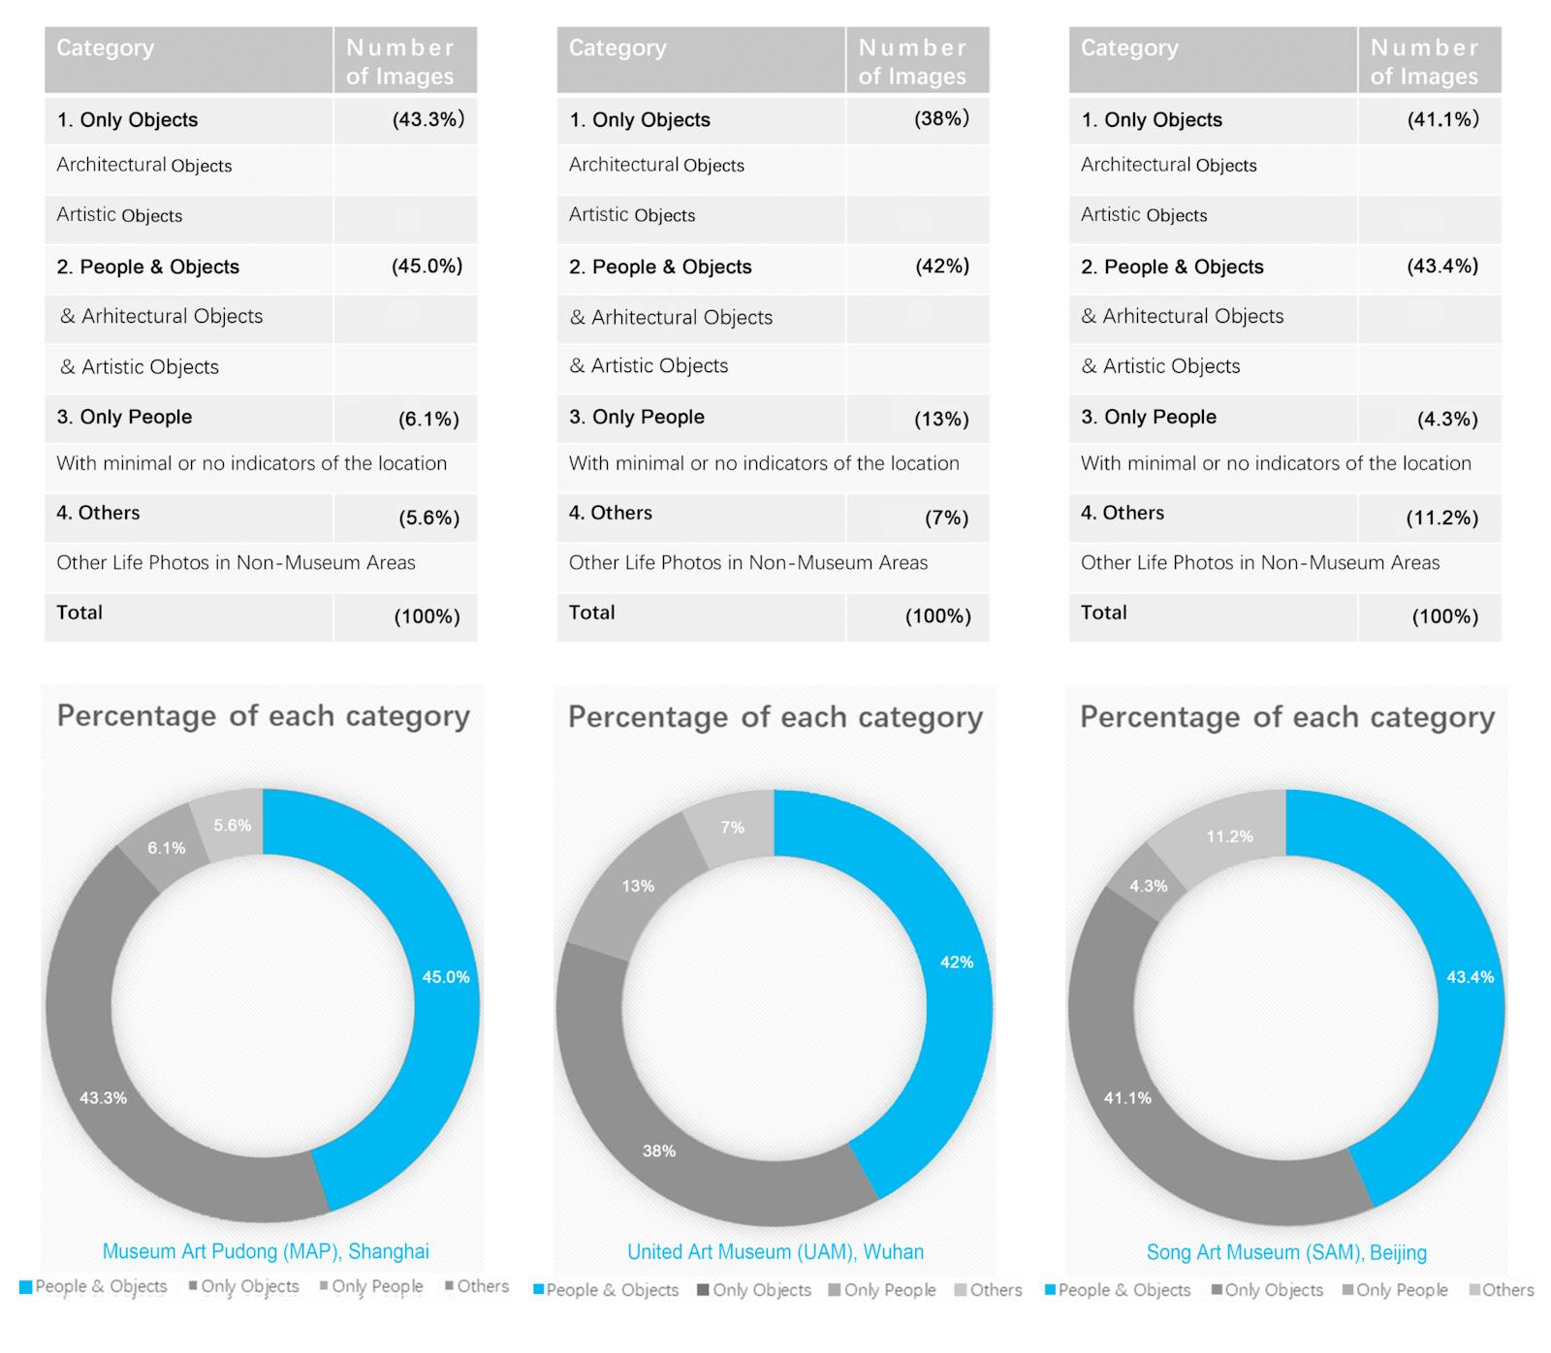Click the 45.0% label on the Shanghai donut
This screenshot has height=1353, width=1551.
tap(445, 977)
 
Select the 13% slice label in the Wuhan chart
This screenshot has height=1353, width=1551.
tap(638, 886)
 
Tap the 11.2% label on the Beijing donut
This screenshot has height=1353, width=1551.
tap(1229, 836)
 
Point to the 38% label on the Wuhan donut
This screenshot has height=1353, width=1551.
tap(659, 1150)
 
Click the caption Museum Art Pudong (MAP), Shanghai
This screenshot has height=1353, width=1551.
tap(266, 1251)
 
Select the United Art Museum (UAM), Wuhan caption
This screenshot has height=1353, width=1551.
tap(775, 1252)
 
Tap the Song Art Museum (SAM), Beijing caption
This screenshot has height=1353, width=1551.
tap(1286, 1252)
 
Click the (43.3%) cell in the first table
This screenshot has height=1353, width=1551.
tap(427, 119)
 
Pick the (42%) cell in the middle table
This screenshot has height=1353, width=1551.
tap(942, 266)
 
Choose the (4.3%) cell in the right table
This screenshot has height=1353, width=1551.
tap(1447, 419)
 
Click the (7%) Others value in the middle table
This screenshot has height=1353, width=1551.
tap(946, 518)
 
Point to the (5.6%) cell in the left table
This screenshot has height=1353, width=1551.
tap(428, 518)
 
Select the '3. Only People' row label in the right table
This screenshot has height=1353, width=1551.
tap(1149, 417)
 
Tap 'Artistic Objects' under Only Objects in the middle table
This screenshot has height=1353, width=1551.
tap(632, 215)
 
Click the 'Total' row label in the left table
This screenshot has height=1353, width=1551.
tap(79, 613)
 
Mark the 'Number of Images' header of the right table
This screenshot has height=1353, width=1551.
tap(1424, 61)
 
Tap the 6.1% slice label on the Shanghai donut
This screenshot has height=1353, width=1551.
tap(167, 848)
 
